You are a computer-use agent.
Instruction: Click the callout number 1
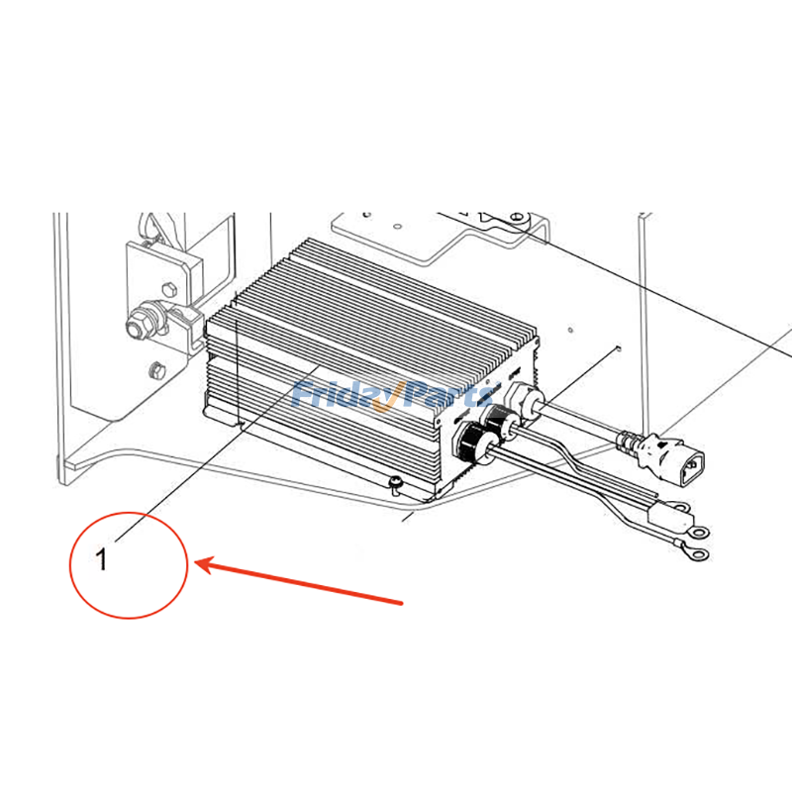[101, 559]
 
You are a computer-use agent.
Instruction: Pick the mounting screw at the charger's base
[394, 483]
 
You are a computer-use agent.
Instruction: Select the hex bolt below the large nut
[153, 371]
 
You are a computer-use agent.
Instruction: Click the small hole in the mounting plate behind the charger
[618, 347]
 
